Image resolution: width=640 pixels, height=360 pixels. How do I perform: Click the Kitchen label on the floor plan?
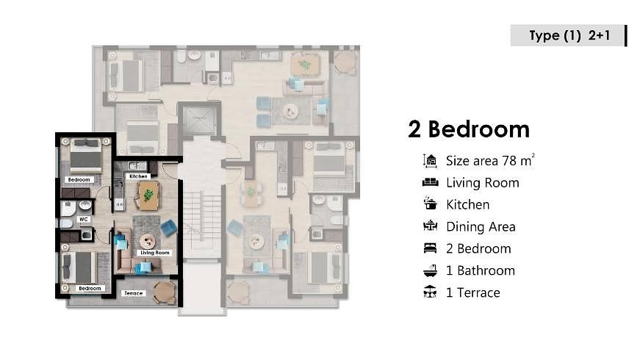click(x=138, y=176)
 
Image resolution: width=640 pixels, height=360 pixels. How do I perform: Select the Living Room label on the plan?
click(x=154, y=253)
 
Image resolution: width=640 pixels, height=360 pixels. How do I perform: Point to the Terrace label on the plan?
click(x=133, y=293)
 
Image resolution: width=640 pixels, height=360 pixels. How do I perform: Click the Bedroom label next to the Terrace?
click(x=90, y=288)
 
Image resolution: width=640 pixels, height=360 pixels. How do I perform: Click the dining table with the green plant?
click(x=148, y=195)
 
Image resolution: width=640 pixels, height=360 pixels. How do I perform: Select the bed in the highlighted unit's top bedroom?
click(x=86, y=156)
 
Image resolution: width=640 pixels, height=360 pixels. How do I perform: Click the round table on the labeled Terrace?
click(x=164, y=291)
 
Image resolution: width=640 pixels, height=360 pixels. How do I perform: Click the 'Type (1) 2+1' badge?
click(x=565, y=35)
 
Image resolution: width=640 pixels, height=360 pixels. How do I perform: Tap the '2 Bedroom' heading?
click(x=469, y=129)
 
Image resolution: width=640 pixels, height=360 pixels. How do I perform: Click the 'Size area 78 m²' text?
click(x=489, y=161)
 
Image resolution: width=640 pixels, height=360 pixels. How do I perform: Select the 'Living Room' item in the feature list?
click(x=482, y=183)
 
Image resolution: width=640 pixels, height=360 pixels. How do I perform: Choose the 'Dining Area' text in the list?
click(x=481, y=227)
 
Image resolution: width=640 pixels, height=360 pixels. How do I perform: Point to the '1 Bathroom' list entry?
click(x=481, y=270)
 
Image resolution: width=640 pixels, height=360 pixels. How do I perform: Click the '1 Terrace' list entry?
click(x=473, y=292)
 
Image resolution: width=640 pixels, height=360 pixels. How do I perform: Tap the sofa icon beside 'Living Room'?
click(x=430, y=182)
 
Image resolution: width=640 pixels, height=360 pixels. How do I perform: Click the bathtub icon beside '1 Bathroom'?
click(x=430, y=270)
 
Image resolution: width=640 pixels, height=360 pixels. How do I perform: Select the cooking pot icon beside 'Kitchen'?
click(x=430, y=204)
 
